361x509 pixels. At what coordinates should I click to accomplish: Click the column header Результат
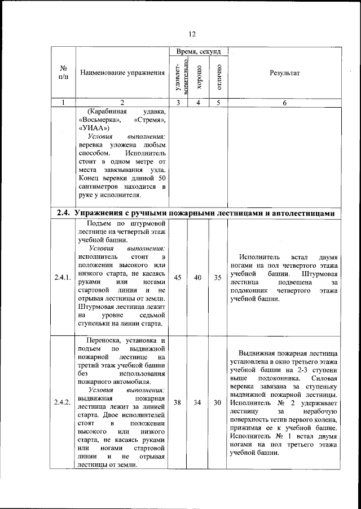(285, 73)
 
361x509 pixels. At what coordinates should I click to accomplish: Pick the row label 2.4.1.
(63, 278)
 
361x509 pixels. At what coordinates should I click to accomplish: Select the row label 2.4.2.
(63, 402)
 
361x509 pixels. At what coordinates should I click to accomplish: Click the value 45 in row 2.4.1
(178, 277)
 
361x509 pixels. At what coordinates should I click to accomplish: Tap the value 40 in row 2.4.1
(198, 277)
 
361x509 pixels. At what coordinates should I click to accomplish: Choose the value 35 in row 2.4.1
(218, 277)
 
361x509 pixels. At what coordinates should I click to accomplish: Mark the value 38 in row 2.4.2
(178, 402)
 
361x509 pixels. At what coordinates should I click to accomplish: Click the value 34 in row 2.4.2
(198, 402)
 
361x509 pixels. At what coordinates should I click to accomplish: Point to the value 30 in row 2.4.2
(218, 402)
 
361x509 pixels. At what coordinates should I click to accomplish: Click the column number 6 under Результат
(285, 103)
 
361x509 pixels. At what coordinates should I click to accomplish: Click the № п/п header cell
(63, 73)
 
